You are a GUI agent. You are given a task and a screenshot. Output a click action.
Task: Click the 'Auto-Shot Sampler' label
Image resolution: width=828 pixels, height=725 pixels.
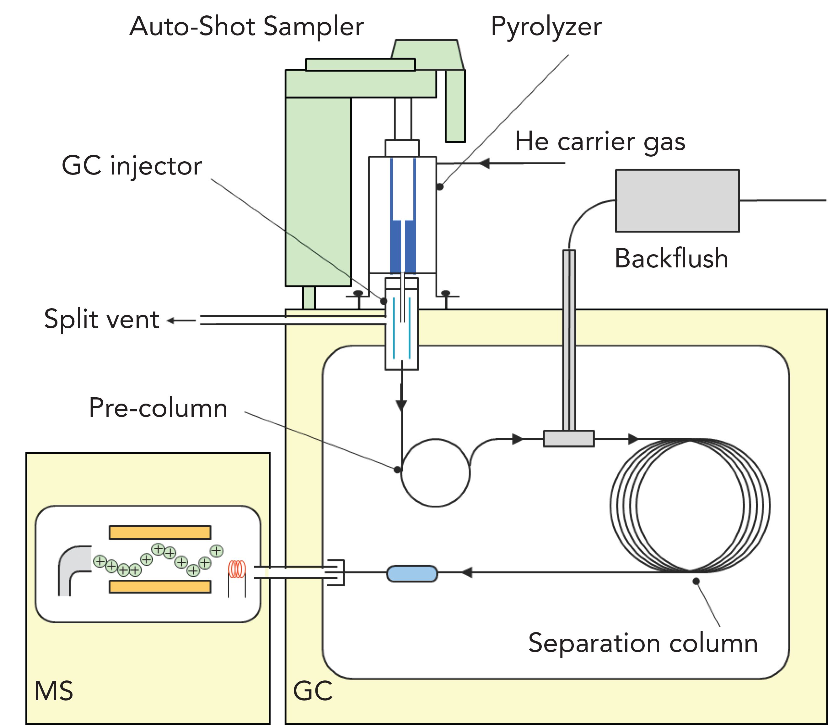click(x=246, y=27)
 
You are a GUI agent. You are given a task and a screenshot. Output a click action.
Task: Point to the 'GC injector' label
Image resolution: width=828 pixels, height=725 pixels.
click(x=132, y=166)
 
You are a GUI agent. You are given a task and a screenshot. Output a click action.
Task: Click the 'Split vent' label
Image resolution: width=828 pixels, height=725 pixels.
click(x=102, y=319)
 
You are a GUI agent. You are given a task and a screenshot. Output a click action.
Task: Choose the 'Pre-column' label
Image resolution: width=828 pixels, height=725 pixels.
click(x=158, y=408)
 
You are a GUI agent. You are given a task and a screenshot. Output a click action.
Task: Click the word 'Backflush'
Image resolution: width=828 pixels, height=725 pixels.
click(x=671, y=259)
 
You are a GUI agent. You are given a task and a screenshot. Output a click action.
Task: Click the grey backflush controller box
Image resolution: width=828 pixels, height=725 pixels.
click(x=677, y=201)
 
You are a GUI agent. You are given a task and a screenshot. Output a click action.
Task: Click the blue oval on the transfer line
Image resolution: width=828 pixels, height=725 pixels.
click(x=412, y=574)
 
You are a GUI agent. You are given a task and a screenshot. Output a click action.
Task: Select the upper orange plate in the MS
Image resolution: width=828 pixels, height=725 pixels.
click(x=160, y=532)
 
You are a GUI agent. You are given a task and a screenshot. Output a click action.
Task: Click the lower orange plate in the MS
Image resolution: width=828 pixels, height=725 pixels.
click(x=160, y=587)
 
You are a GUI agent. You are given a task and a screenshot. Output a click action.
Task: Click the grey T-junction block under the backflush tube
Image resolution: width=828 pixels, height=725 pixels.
click(x=568, y=438)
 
